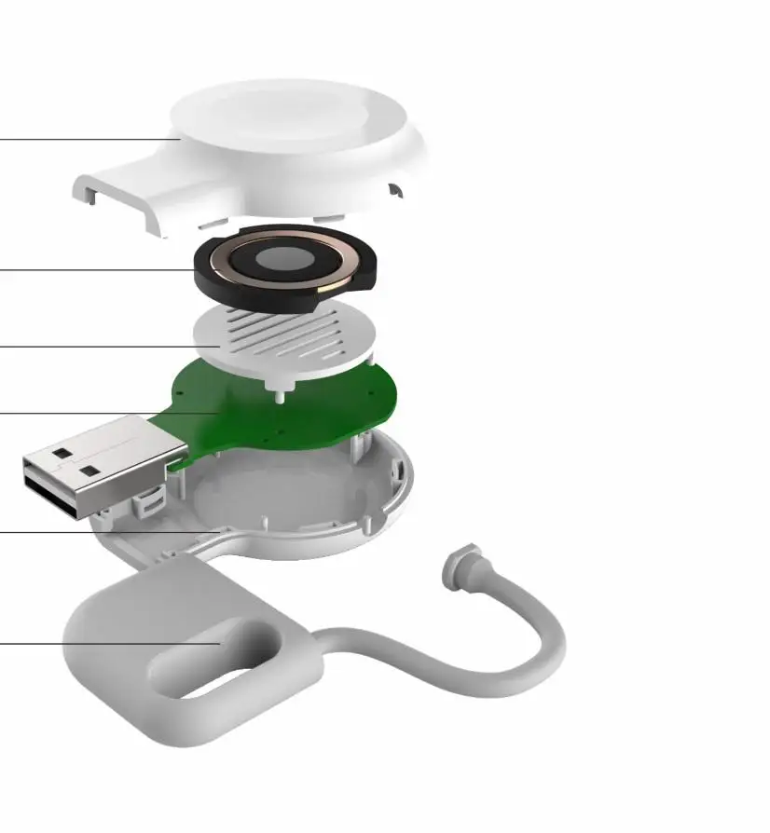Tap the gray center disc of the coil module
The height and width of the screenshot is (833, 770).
285,262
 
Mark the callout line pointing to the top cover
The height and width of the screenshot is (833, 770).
84,140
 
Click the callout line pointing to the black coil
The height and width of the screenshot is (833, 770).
93,270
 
